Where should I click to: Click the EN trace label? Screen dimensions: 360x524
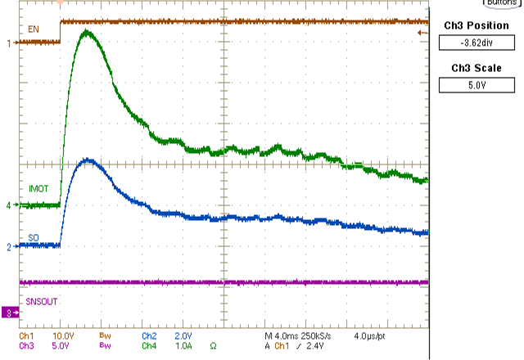pos(34,30)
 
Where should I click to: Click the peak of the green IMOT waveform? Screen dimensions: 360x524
pos(86,32)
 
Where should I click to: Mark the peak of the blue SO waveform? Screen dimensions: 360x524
pos(88,160)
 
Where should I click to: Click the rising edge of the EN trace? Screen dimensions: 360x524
pos(61,31)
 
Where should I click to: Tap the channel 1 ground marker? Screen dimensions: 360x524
pos(9,43)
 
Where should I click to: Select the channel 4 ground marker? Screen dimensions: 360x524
pos(9,205)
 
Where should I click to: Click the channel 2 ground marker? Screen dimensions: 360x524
pos(9,245)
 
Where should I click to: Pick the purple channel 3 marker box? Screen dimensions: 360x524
pos(9,313)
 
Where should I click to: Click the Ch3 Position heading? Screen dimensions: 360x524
pos(476,25)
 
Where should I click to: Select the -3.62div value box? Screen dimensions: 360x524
pos(476,43)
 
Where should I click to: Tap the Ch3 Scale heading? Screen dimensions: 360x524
pos(476,67)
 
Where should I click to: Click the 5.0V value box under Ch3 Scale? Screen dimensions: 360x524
pos(476,83)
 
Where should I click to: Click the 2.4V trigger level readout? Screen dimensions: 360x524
pos(317,345)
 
